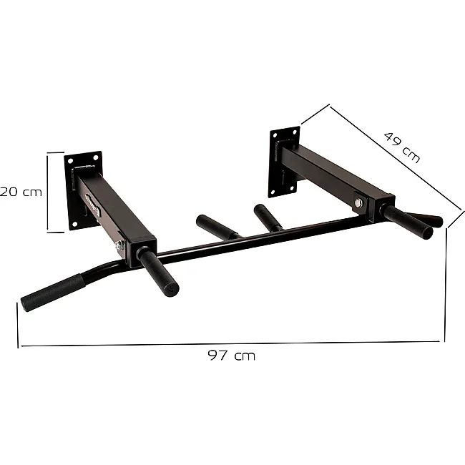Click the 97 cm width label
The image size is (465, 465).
[x=231, y=356]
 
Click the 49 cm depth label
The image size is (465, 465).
[x=402, y=147]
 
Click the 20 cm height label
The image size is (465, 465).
[x=21, y=192]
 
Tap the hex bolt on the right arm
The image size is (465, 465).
[x=359, y=203]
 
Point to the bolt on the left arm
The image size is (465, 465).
[x=119, y=245]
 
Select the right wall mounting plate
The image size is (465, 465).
[x=285, y=162]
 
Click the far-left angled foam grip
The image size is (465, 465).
[x=53, y=293]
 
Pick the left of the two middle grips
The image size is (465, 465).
[x=217, y=226]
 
